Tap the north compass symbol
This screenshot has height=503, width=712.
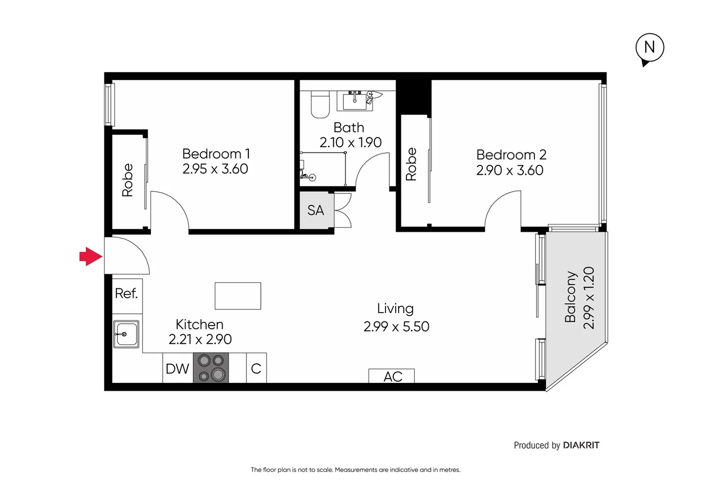(650, 48)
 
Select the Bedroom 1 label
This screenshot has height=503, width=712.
(216, 154)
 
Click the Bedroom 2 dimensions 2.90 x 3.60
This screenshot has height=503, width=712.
(509, 170)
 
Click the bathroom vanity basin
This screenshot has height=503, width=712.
(355, 101)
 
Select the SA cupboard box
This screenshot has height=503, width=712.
(316, 211)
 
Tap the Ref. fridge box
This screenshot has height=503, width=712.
(127, 293)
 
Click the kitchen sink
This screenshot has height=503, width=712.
(126, 334)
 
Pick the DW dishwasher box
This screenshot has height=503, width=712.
(178, 368)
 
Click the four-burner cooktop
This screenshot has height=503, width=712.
(211, 367)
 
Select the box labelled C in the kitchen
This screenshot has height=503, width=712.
(256, 368)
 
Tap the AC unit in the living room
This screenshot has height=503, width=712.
(391, 376)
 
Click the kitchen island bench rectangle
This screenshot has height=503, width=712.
(238, 296)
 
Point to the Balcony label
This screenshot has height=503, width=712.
(570, 297)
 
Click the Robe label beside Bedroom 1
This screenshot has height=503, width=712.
(128, 180)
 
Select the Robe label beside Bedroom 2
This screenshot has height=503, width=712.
(411, 164)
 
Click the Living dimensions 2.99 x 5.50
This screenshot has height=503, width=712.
(396, 326)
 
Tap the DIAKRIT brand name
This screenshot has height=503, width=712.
(581, 445)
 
